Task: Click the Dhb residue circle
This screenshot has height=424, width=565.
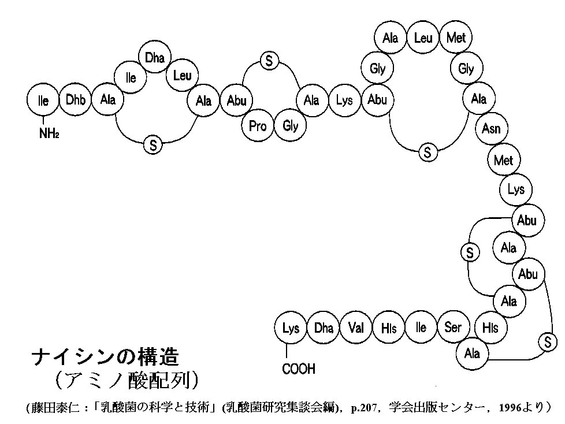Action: point(75,99)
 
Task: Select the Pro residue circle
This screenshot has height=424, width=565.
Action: point(257,126)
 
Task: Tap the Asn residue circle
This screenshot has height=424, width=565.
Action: point(491,128)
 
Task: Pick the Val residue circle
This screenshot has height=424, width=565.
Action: point(356,328)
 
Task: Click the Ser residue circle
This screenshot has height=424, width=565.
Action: point(453,328)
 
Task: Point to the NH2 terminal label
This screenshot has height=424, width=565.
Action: point(49,133)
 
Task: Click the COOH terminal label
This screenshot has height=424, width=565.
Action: point(299,369)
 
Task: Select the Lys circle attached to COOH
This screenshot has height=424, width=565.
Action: point(291,328)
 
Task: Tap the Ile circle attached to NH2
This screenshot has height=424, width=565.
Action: point(43,100)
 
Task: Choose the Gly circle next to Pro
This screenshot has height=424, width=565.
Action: point(291,126)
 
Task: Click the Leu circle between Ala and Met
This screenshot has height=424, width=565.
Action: point(423,38)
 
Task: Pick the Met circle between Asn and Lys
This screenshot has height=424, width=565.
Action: point(504,159)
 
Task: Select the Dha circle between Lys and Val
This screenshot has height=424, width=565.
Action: point(323,328)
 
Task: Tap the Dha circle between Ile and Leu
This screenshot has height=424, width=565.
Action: point(155,57)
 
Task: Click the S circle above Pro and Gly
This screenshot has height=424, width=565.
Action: point(269,61)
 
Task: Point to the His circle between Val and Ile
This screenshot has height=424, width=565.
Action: point(388,328)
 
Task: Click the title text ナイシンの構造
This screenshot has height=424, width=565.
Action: point(105,358)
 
